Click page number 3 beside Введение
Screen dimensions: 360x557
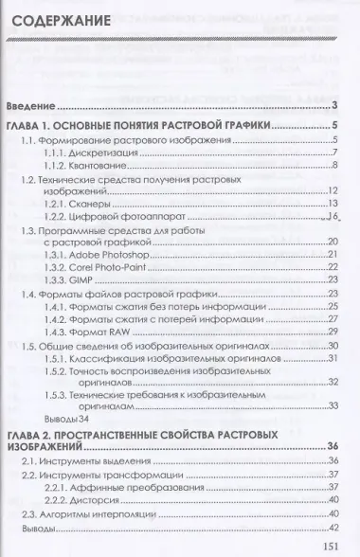[335, 105]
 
